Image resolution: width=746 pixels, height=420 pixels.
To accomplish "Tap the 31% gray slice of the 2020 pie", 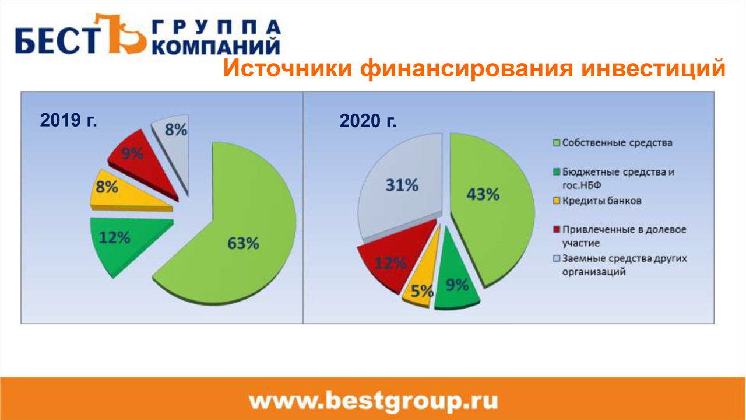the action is (x=400, y=187).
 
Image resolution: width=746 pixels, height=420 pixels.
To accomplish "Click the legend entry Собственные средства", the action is (x=613, y=143).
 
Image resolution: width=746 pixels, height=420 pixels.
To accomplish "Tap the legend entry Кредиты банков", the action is (x=597, y=201).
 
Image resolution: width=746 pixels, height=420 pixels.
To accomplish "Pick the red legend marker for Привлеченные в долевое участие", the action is (x=556, y=230).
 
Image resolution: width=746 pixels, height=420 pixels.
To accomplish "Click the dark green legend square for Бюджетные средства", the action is (x=556, y=172).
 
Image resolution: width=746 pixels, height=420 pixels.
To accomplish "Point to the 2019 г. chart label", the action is (x=69, y=120).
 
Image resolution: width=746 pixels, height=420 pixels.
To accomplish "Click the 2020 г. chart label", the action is (x=368, y=121).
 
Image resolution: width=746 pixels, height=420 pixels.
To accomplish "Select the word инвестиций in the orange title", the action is (x=653, y=69).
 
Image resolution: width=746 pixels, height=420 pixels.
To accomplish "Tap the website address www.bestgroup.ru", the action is (x=374, y=401).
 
